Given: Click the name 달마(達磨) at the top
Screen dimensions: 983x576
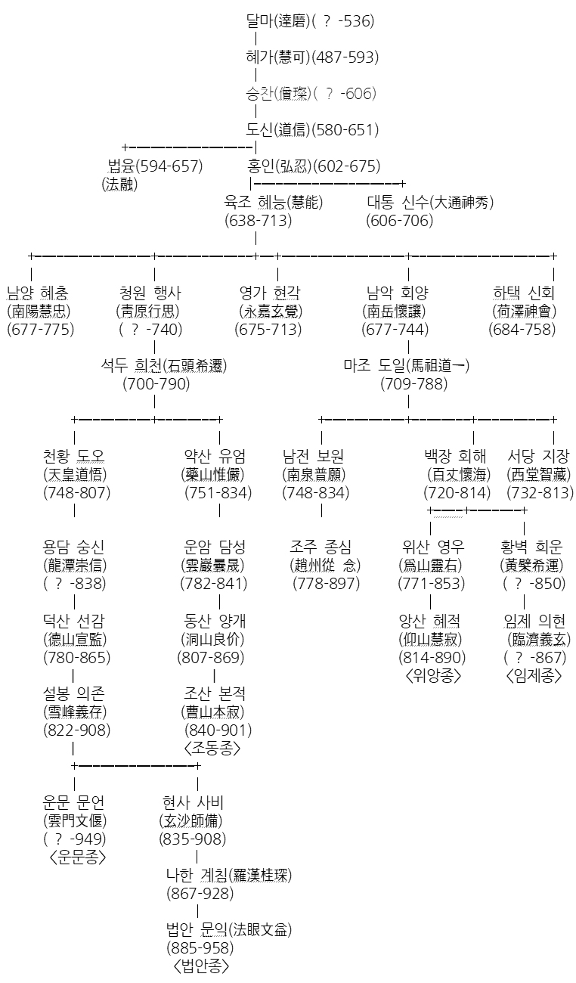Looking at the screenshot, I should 277,21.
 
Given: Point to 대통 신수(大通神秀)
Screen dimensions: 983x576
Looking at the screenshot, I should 430,203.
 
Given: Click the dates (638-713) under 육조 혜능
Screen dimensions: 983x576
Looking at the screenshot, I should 258,221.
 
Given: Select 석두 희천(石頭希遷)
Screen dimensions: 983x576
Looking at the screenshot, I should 164,366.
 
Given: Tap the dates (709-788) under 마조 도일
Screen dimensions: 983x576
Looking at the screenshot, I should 413,384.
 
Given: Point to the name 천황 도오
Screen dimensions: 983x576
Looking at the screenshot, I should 74,456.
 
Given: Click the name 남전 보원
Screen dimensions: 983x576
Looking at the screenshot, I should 313,456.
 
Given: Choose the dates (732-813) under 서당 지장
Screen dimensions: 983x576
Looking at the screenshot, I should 540,493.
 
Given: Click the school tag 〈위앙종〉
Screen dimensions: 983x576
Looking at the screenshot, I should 433,676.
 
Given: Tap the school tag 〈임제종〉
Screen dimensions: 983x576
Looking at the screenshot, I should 534,676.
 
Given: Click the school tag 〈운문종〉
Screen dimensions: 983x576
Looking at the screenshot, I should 77,857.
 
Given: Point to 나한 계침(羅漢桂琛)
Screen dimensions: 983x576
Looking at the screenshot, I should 229,876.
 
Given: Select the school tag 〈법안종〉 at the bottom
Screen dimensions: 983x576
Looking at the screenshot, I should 200,966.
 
